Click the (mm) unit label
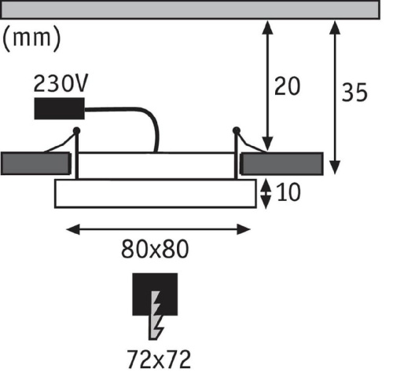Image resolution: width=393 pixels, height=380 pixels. pos(31,38)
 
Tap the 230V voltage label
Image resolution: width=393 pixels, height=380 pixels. pos(61,83)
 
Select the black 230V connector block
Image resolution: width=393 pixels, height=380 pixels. pos(60,108)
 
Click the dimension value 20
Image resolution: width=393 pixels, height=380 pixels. pos(287,86)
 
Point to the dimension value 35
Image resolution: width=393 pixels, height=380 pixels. pos(354,93)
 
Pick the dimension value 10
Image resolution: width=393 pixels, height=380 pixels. pos(288,192)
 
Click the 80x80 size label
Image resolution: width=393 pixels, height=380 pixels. pos(155,249)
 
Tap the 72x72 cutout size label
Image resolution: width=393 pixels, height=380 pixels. pos(159,360)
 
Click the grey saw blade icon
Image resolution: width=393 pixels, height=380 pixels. pos(156,316)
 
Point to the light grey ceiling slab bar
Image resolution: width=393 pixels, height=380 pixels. pos(190,9)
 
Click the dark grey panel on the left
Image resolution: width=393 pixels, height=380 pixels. pos(35,163)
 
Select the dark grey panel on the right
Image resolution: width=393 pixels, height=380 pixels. pos(282,164)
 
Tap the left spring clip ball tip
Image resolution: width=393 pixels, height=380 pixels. pos(76,130)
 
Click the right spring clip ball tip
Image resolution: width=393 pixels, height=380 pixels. pos(237,130)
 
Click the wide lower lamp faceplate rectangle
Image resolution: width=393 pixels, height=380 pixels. pos(156,193)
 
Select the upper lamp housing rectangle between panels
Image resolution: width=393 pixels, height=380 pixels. pos(156,166)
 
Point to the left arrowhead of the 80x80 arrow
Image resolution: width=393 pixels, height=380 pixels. pos(73,229)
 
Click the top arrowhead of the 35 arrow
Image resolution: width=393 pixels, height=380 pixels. pos(335,27)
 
